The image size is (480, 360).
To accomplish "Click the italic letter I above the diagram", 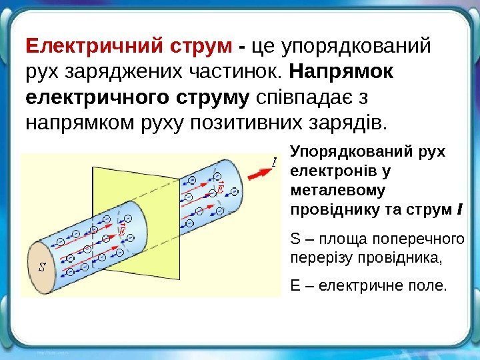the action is coord(274,162).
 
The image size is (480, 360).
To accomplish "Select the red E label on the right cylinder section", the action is coord(221,179).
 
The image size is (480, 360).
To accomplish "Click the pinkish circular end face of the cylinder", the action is coord(41,267).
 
